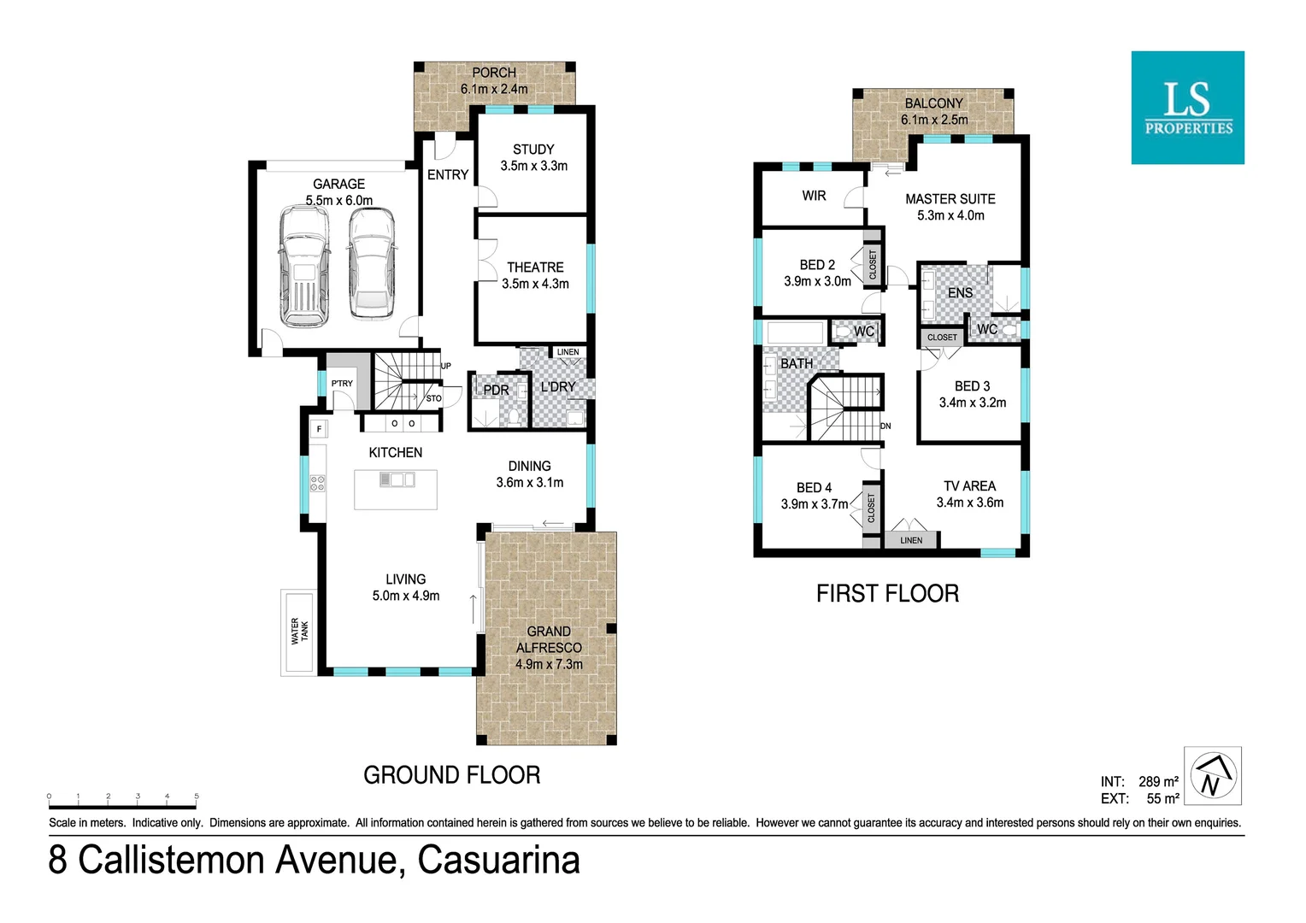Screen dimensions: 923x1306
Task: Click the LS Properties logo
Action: pos(1187,108)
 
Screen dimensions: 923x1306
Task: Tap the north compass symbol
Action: pos(1212,776)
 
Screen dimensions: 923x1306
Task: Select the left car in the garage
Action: pos(303,267)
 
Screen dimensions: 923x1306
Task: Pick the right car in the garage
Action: pos(371,264)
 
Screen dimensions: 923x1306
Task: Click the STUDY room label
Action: pos(533,150)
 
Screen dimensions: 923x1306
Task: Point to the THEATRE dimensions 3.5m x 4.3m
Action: pos(535,284)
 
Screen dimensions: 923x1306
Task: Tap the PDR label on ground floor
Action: pos(496,391)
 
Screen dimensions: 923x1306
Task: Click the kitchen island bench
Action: pos(396,490)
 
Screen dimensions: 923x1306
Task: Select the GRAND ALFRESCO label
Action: pos(549,639)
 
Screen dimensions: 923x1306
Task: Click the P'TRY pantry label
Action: pos(342,384)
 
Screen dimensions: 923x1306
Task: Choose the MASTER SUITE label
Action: pos(950,199)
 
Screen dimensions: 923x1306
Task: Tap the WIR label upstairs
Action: pos(814,196)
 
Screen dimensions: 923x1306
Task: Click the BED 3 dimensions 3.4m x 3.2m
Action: pos(972,403)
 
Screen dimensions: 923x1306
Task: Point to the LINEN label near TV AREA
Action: pos(911,540)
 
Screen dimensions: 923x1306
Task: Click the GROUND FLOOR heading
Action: pos(451,775)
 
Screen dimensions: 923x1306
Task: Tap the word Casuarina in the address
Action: pos(498,860)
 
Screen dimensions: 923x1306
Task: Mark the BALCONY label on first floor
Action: pos(933,103)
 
